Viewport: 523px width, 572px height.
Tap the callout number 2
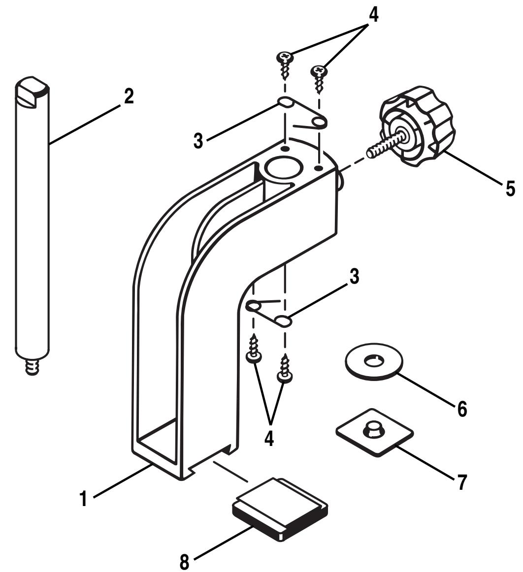click(128, 96)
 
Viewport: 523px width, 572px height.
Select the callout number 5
click(510, 187)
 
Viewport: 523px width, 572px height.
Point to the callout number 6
click(461, 408)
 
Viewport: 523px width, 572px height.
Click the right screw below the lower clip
click(285, 368)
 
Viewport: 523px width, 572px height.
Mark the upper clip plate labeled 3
click(301, 114)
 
